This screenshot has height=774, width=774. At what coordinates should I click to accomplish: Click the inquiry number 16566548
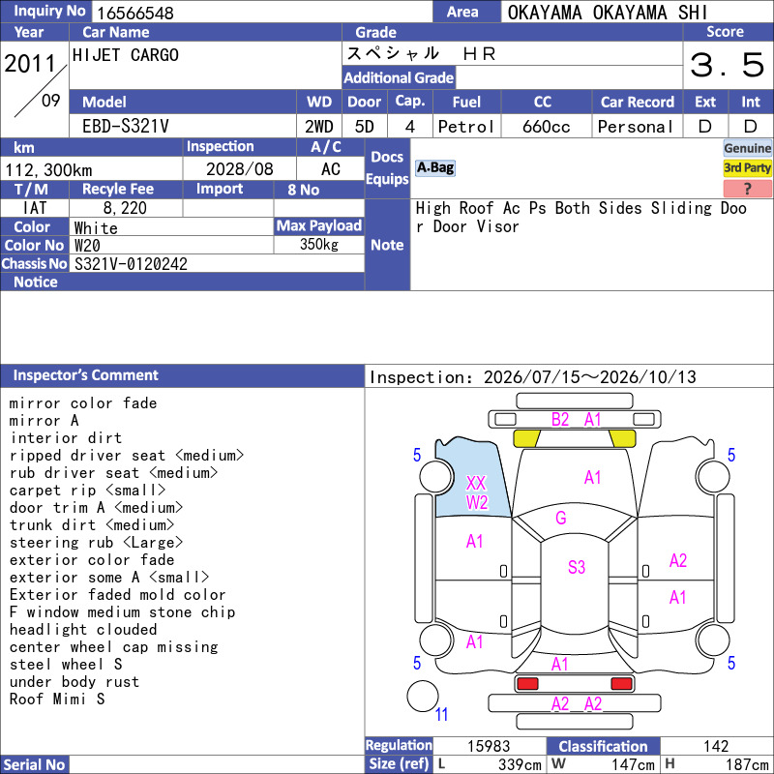pyautogui.click(x=135, y=13)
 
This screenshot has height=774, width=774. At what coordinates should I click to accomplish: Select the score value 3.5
pyautogui.click(x=727, y=65)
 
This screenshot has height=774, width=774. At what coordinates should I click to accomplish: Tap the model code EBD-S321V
pyautogui.click(x=126, y=127)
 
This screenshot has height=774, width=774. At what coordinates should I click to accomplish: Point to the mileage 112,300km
pyautogui.click(x=48, y=170)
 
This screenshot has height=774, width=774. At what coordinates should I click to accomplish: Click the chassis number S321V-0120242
pyautogui.click(x=131, y=264)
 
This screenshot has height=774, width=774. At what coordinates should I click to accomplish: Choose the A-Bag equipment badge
pyautogui.click(x=434, y=167)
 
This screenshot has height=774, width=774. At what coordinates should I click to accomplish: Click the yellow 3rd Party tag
pyautogui.click(x=747, y=167)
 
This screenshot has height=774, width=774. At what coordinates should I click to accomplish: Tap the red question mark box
pyautogui.click(x=747, y=188)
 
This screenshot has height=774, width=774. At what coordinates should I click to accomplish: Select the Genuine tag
pyautogui.click(x=747, y=148)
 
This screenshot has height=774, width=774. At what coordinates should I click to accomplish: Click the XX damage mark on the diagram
pyautogui.click(x=476, y=483)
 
